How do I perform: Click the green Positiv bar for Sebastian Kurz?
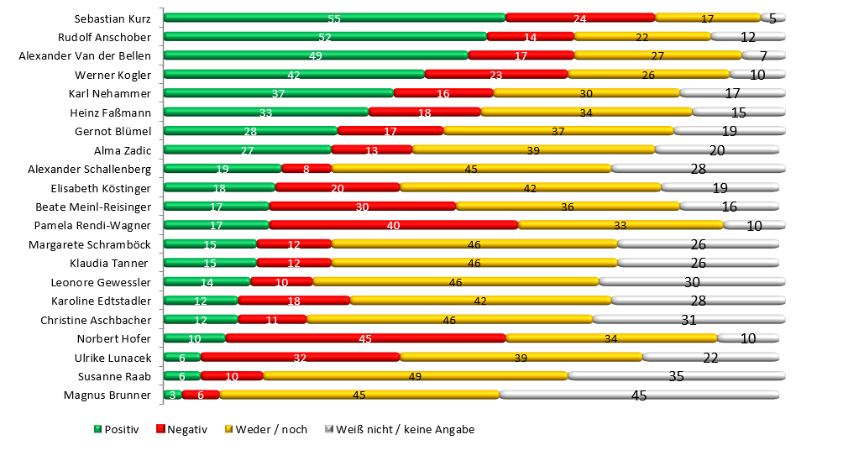(x=334, y=18)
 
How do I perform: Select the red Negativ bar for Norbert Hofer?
(x=365, y=338)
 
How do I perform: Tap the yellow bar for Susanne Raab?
(x=415, y=376)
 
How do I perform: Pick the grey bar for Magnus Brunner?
(x=639, y=395)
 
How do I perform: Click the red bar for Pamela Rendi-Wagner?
(x=393, y=225)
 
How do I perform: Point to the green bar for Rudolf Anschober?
(x=325, y=37)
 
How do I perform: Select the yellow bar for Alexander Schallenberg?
(x=471, y=169)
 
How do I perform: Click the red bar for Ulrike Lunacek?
(x=300, y=358)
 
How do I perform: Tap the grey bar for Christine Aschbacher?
(x=689, y=320)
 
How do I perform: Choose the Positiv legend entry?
(x=116, y=429)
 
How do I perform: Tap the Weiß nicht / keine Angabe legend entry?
(x=400, y=429)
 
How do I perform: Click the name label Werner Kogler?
(x=116, y=75)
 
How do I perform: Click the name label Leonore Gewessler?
(x=101, y=282)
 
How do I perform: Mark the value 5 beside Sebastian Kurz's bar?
(x=772, y=18)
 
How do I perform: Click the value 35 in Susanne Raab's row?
(x=676, y=376)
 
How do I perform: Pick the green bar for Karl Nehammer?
(x=278, y=93)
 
